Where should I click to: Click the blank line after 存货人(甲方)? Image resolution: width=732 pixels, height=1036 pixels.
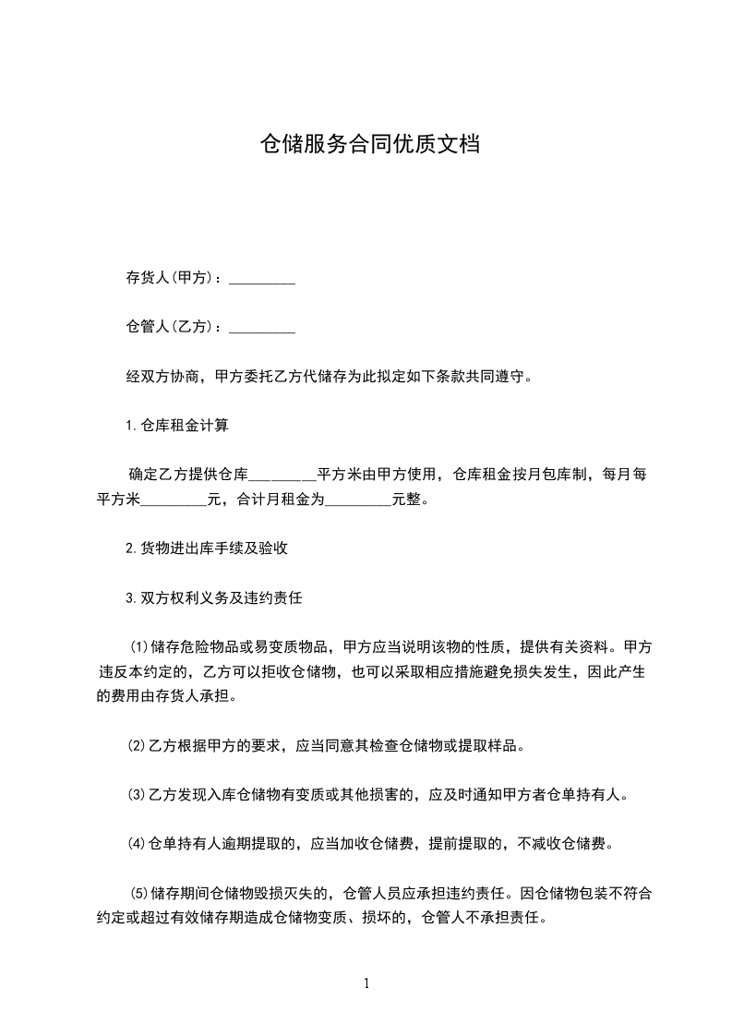pyautogui.click(x=261, y=280)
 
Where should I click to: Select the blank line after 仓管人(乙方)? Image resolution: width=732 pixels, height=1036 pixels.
pyautogui.click(x=261, y=328)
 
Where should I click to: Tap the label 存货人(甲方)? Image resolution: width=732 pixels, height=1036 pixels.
pyautogui.click(x=174, y=278)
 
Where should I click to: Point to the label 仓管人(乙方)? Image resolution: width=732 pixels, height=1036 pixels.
pyautogui.click(x=174, y=326)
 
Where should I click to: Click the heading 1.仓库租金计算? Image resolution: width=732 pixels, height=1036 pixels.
pyautogui.click(x=176, y=426)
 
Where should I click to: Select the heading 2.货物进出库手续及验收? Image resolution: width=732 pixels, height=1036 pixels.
pyautogui.click(x=207, y=548)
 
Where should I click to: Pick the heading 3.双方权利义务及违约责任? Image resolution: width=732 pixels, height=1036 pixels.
pyautogui.click(x=213, y=597)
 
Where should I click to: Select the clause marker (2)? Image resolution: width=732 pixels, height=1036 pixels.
pyautogui.click(x=136, y=745)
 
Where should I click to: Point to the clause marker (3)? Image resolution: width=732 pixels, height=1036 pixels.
pyautogui.click(x=136, y=794)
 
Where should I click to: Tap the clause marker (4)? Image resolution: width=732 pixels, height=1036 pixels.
pyautogui.click(x=136, y=843)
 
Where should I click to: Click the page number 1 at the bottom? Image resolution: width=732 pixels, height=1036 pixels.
pyautogui.click(x=366, y=983)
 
